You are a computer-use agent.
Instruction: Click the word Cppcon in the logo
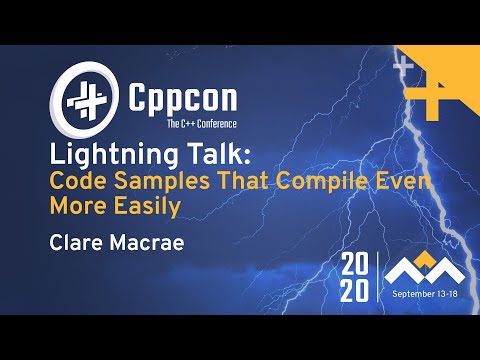176,100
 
